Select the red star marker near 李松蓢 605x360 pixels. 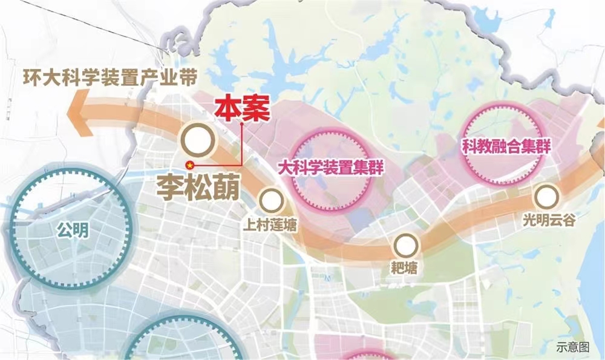pos(190,164)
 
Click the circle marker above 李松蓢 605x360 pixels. pos(198,141)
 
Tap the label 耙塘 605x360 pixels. pos(405,267)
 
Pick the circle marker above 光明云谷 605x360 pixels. pos(546,197)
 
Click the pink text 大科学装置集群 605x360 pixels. pos(331,167)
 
